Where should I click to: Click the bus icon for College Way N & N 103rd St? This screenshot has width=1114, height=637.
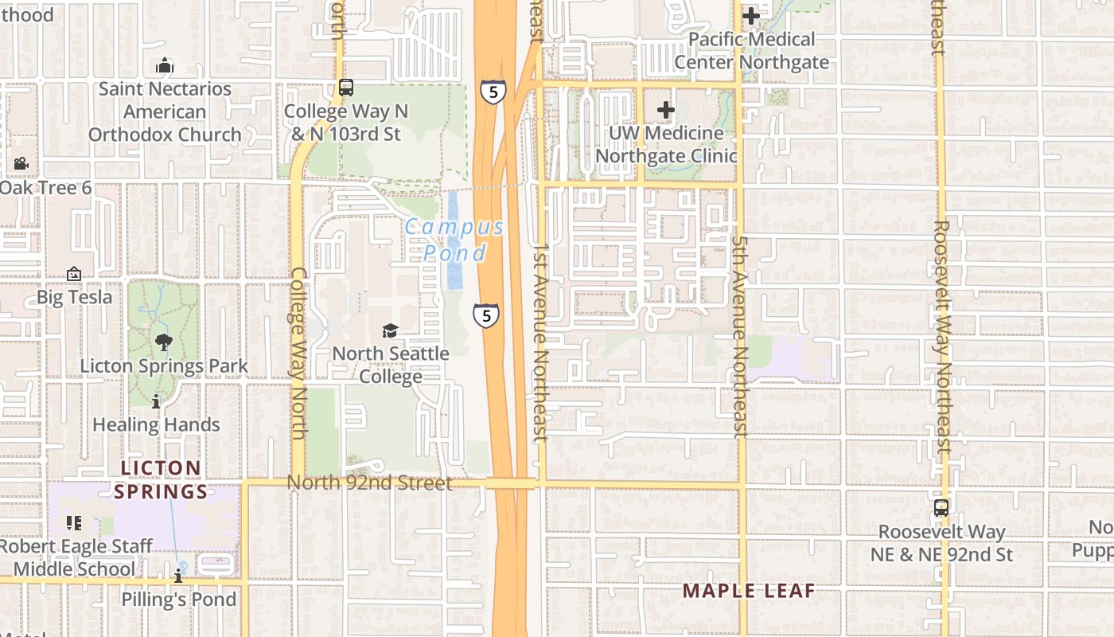click(x=345, y=88)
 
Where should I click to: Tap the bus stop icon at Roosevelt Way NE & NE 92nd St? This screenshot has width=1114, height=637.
click(x=941, y=507)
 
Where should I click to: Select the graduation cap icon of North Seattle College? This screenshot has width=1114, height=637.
click(x=390, y=330)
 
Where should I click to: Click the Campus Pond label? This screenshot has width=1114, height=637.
click(x=454, y=240)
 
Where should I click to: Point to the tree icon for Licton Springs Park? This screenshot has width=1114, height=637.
click(x=164, y=342)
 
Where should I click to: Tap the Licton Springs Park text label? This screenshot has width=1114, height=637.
click(x=164, y=366)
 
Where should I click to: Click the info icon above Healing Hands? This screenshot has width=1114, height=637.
click(x=156, y=402)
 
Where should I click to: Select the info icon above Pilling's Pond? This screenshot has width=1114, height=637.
click(x=178, y=576)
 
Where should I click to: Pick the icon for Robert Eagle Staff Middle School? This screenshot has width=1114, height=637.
click(x=74, y=523)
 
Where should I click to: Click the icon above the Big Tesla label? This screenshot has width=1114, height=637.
click(x=74, y=274)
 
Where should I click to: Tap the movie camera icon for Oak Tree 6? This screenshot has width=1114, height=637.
click(x=21, y=163)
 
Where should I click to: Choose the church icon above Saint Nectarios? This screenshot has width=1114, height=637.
click(x=165, y=64)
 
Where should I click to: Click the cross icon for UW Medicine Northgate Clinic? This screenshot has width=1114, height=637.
click(x=666, y=110)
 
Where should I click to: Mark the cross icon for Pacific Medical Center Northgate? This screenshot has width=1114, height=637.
click(x=750, y=15)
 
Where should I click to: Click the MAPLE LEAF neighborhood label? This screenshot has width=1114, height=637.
click(x=749, y=591)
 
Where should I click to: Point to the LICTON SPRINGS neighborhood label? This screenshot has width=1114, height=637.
click(x=161, y=479)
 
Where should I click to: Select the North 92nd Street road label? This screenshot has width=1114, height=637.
click(x=369, y=483)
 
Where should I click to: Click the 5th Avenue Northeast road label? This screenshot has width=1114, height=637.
click(x=740, y=334)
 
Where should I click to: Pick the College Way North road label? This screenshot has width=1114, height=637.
click(x=298, y=352)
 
